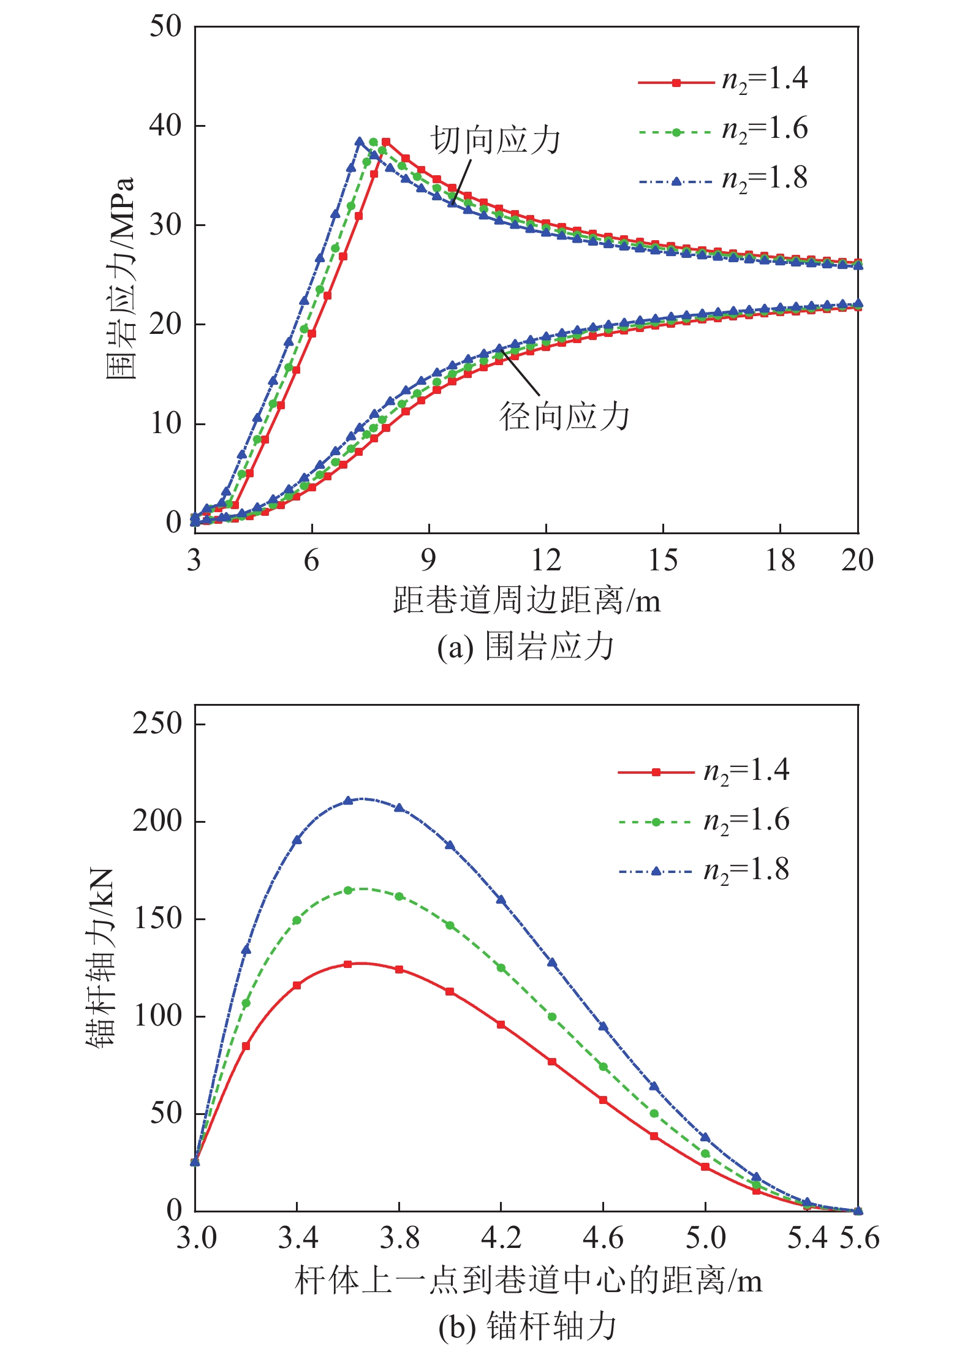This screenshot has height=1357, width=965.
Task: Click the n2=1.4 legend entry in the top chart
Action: pyautogui.click(x=723, y=80)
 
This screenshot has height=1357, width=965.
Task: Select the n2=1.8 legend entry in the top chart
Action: pyautogui.click(x=723, y=180)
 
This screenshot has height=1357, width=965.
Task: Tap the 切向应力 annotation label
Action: pyautogui.click(x=495, y=140)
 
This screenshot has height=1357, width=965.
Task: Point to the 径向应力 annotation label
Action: pyautogui.click(x=564, y=417)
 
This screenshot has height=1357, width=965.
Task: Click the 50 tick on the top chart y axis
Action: pyautogui.click(x=166, y=26)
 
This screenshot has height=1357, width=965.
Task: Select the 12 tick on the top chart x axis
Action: pyautogui.click(x=545, y=560)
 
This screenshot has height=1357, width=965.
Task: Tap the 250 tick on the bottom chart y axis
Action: pyautogui.click(x=157, y=724)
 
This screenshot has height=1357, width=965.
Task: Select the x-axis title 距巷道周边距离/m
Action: pyautogui.click(x=527, y=600)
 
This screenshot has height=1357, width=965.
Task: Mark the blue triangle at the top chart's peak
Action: pyautogui.click(x=360, y=142)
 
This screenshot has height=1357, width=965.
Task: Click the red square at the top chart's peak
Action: pyautogui.click(x=386, y=142)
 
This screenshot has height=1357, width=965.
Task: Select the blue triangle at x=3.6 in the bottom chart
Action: pyautogui.click(x=348, y=800)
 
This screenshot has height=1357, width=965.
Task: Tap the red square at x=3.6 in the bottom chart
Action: pyautogui.click(x=348, y=964)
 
